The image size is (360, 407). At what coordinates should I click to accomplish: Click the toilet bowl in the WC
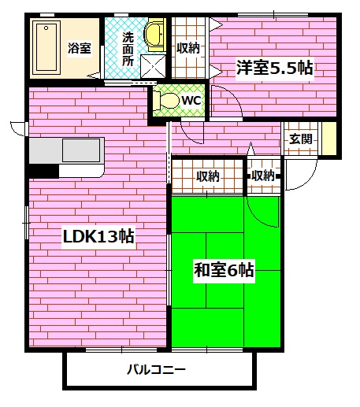click(x=166, y=102)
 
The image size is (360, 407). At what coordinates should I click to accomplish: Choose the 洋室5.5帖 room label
click(x=274, y=68)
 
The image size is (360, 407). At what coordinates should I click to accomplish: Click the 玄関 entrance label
click(x=300, y=139)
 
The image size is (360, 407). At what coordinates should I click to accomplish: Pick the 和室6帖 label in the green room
click(x=224, y=272)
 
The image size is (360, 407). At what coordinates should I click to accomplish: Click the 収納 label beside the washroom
click(x=188, y=48)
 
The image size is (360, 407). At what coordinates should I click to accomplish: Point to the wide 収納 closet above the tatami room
click(x=208, y=176)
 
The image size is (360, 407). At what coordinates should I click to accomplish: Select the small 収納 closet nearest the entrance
click(x=263, y=175)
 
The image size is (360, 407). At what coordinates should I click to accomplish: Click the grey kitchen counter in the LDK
click(x=67, y=150)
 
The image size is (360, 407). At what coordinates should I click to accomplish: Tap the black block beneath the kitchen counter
click(x=44, y=170)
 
